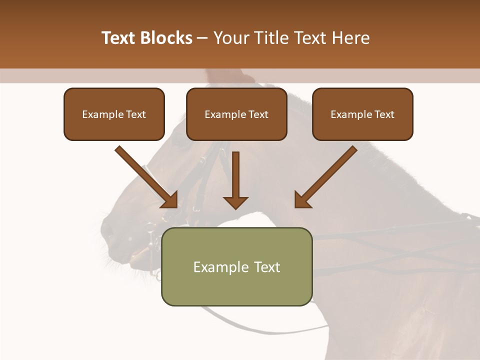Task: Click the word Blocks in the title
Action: tap(167, 38)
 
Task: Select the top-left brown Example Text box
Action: tap(114, 114)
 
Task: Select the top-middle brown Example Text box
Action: tap(236, 114)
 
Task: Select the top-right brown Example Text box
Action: tap(362, 114)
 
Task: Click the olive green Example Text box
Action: tap(236, 266)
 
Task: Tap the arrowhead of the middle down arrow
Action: tap(235, 202)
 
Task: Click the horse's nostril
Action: tap(107, 231)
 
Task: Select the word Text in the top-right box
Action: tap(384, 114)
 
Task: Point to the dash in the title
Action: tap(202, 38)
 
